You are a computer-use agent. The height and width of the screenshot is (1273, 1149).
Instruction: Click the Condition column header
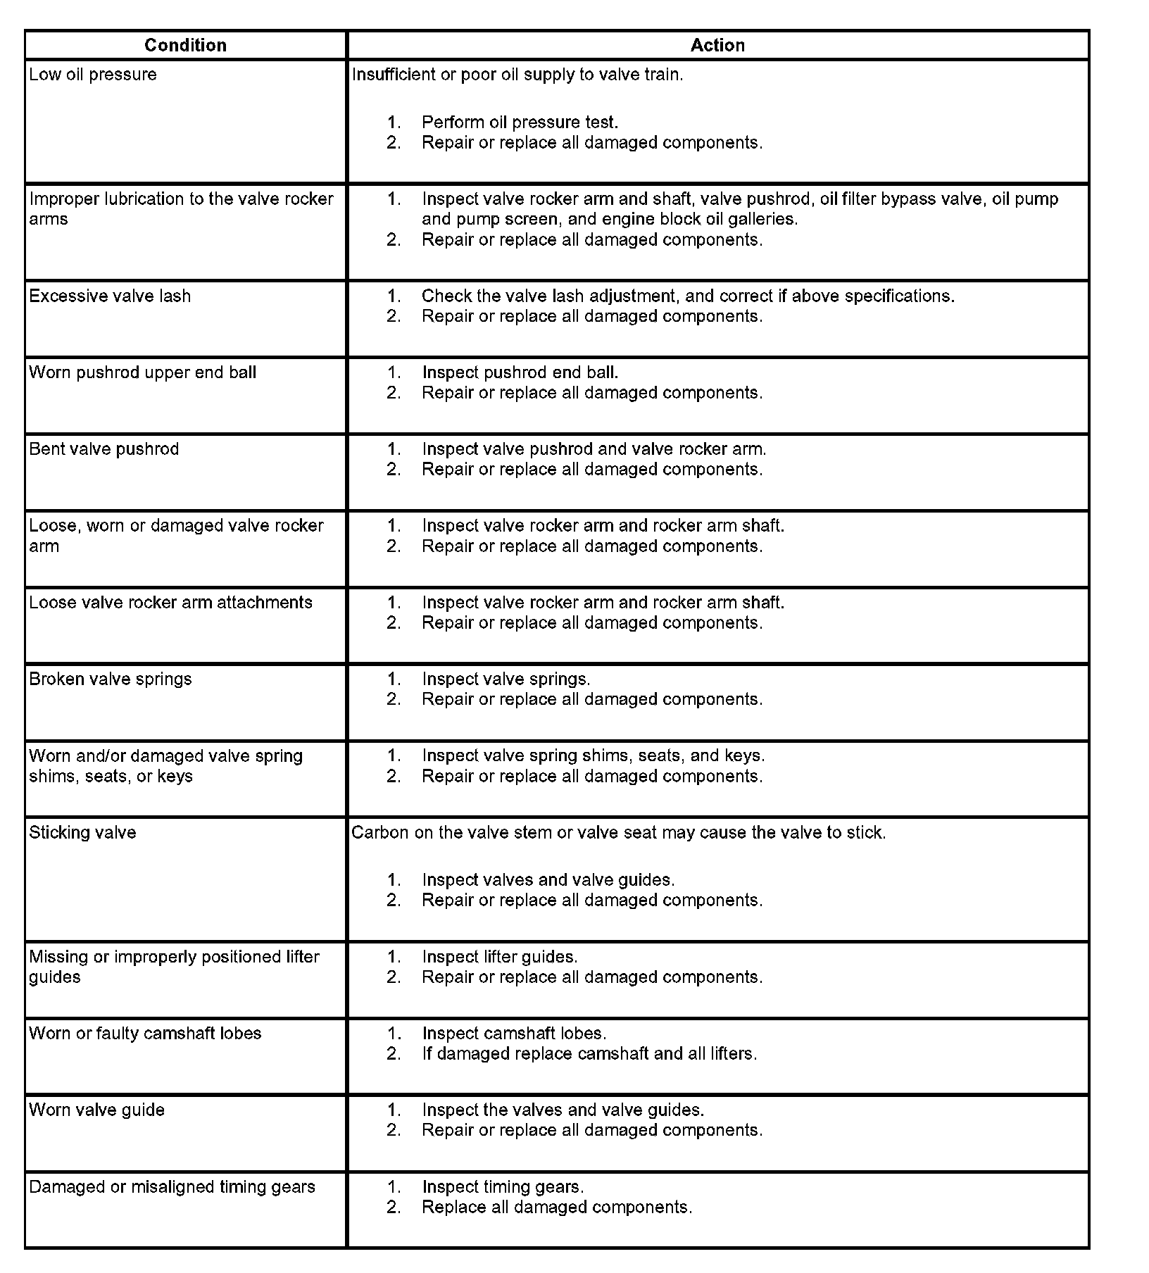(185, 45)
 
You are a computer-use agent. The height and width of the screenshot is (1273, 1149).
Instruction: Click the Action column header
(717, 45)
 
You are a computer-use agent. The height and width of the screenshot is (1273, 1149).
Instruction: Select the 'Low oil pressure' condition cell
(93, 75)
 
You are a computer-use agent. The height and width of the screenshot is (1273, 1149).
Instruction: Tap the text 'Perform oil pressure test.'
(520, 123)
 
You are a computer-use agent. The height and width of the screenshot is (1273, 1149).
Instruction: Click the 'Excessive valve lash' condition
(110, 296)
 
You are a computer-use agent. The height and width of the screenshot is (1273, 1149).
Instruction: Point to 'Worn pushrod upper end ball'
(143, 372)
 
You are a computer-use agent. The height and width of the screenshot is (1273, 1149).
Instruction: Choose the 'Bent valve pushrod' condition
(104, 449)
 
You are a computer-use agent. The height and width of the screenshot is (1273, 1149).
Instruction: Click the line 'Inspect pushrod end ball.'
(520, 372)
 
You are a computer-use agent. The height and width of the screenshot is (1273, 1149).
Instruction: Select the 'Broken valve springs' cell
(111, 679)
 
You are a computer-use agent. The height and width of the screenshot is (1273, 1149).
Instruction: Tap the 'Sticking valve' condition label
(82, 833)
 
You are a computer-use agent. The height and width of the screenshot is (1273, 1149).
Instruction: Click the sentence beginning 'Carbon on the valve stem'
(618, 833)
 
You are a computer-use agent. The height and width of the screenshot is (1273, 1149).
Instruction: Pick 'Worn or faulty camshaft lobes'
(145, 1034)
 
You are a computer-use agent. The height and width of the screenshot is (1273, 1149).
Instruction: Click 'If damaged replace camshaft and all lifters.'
(589, 1054)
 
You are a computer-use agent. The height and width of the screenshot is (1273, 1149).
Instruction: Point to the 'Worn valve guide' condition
(97, 1110)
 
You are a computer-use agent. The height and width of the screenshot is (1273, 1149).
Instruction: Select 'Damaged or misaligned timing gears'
(172, 1187)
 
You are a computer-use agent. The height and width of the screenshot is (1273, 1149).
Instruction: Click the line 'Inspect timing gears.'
(503, 1187)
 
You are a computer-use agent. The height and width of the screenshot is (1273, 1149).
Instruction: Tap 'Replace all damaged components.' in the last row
(557, 1208)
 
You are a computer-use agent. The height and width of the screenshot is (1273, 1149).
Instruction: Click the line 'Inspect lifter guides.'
(500, 957)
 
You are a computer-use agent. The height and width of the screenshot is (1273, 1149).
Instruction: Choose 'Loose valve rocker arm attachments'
(171, 603)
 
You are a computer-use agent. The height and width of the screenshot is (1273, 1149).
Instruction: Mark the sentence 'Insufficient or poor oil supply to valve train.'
(517, 75)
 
